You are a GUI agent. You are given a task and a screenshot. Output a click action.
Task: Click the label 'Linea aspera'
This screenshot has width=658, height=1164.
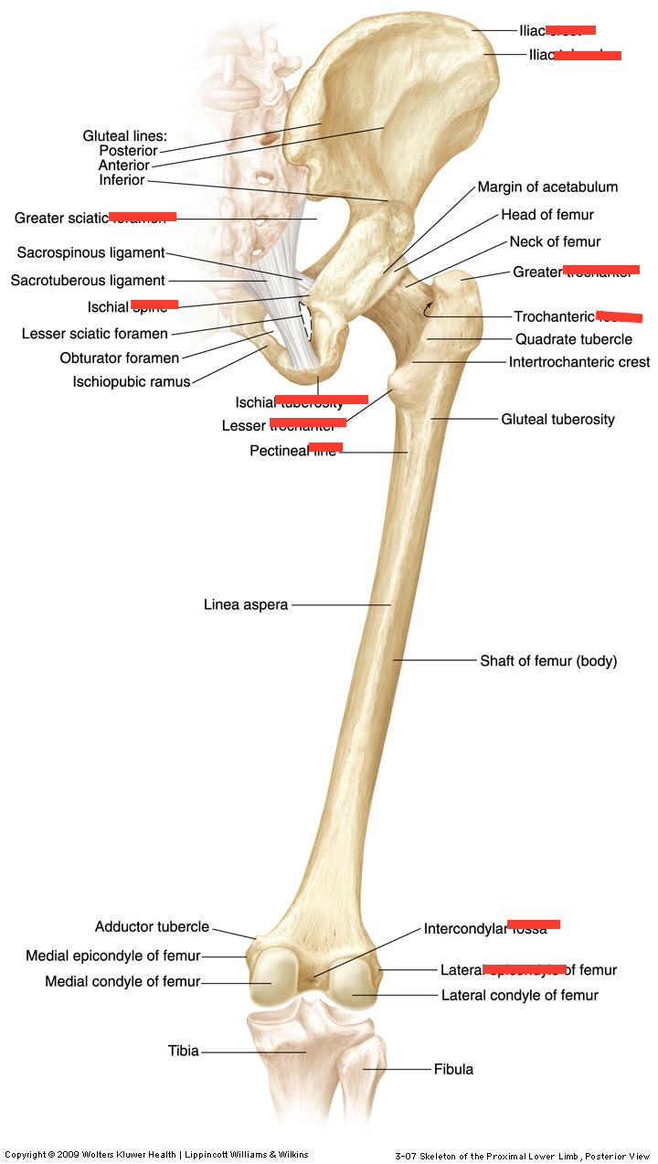(x=246, y=604)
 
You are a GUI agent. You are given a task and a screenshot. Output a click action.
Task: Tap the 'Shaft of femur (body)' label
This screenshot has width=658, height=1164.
(x=548, y=660)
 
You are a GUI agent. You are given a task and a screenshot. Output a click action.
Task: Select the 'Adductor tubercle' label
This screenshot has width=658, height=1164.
(x=152, y=926)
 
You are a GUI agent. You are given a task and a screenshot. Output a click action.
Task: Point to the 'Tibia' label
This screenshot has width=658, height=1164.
(x=183, y=1051)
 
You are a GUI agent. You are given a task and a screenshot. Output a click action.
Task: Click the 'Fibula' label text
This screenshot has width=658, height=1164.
(x=453, y=1068)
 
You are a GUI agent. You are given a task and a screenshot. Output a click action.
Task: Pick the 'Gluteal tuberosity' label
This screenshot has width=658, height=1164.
(x=557, y=419)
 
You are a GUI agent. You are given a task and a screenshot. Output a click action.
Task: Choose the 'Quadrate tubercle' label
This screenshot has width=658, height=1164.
(x=573, y=339)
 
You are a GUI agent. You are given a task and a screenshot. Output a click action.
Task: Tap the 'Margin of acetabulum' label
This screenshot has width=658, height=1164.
(x=547, y=187)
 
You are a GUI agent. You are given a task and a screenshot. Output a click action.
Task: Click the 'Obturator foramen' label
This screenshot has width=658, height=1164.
(x=120, y=358)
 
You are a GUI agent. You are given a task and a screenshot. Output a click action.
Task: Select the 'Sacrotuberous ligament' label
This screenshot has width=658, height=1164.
(x=88, y=281)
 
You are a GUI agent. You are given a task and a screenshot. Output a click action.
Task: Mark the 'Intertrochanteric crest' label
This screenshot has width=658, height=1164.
(x=578, y=362)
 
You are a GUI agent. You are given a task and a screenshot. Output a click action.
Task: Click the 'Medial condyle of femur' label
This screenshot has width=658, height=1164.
(x=122, y=982)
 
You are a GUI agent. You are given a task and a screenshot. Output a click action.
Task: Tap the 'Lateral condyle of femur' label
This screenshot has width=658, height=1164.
(x=519, y=995)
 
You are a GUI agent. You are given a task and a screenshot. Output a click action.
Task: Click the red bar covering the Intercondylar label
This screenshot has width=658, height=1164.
(x=534, y=924)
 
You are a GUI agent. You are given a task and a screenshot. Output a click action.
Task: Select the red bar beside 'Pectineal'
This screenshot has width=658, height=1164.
(x=325, y=447)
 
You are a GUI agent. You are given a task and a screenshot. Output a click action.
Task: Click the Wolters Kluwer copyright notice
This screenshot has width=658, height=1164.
(x=156, y=1155)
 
